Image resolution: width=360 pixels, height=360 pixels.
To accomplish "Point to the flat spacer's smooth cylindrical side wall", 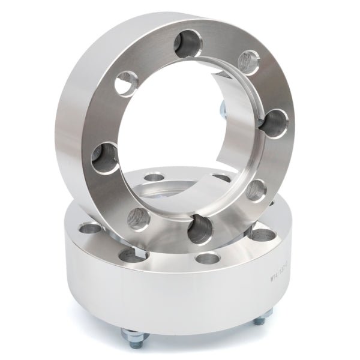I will [x=180, y=300].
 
